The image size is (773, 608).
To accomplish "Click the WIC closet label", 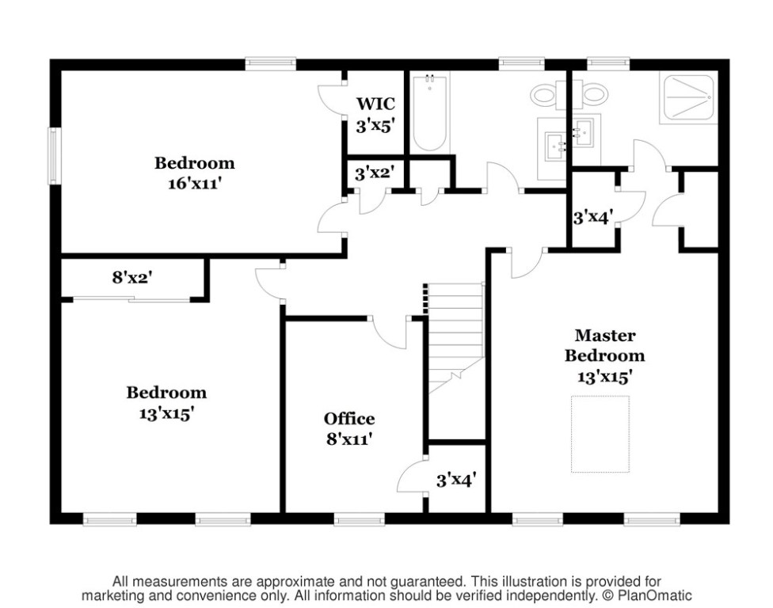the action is pos(375,104).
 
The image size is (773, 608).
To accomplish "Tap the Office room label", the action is pos(349,419).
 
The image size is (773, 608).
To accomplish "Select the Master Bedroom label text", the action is pos(605,345).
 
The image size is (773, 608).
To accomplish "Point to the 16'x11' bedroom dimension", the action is pos(195,184).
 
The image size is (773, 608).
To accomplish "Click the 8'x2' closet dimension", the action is pos(131,278).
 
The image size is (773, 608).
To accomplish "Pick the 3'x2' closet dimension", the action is pos(375,173).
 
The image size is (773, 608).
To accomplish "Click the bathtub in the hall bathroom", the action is pos(430,113).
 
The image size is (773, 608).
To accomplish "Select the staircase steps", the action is pos(455,338).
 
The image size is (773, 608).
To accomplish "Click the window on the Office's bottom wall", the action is pos(360,519).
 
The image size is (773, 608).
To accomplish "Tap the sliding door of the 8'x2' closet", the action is pos(131,298).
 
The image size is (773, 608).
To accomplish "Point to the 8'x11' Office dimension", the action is pos(349,439).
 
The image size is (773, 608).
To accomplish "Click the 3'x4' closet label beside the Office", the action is pos(456,480).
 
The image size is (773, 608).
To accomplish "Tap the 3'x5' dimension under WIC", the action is pos(375,126).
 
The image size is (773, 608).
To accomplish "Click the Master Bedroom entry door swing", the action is pos(527,264).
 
